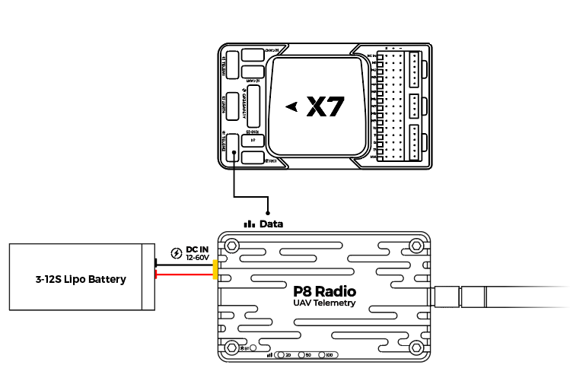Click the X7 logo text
click(326, 107)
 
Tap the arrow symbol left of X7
click(291, 107)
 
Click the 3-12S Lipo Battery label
click(81, 279)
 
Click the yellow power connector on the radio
click(216, 269)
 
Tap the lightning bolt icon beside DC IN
click(177, 253)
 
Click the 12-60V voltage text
click(197, 258)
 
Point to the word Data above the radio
click(271, 224)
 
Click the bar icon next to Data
click(249, 224)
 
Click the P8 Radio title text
click(324, 290)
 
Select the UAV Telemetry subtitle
click(324, 303)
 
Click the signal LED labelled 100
click(323, 355)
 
